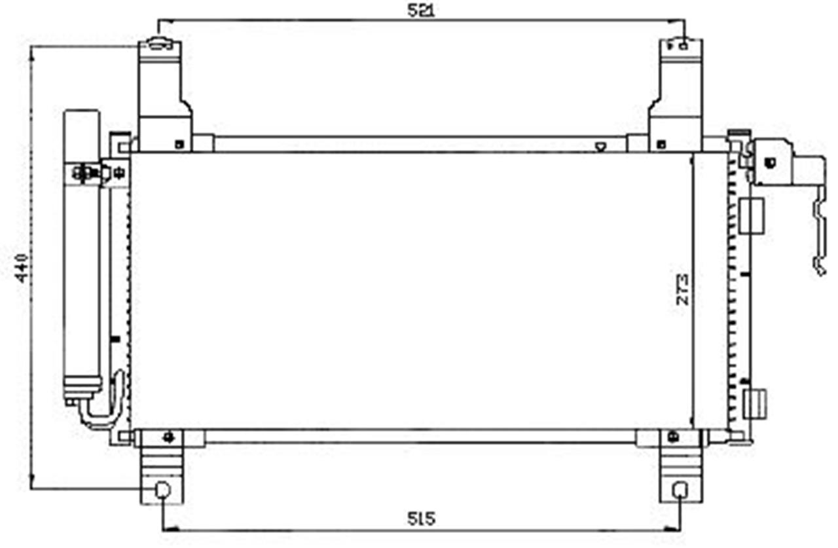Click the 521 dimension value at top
click(421, 10)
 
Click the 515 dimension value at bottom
click(421, 519)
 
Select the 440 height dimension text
click(22, 268)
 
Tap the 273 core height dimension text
click(682, 290)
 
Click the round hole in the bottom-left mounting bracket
click(163, 490)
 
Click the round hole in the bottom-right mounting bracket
click(680, 490)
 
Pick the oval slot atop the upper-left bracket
click(160, 44)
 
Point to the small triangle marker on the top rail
click(600, 147)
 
